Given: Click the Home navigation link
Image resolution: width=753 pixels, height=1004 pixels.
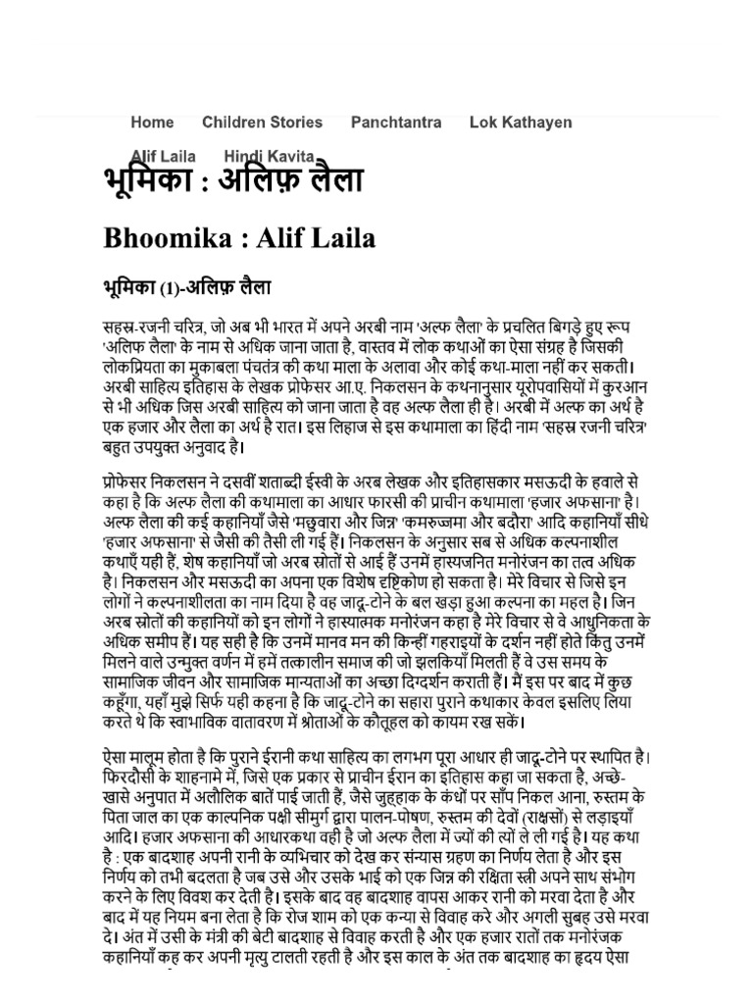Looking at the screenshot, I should (x=152, y=123).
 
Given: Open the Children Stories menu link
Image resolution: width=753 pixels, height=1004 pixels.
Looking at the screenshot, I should (x=262, y=123).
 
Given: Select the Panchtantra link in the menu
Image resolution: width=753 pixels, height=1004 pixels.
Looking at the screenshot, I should (x=396, y=123).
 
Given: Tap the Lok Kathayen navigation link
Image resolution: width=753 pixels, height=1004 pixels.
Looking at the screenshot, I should (x=521, y=123).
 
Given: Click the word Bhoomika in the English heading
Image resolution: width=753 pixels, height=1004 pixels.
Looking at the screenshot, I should (x=170, y=238).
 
